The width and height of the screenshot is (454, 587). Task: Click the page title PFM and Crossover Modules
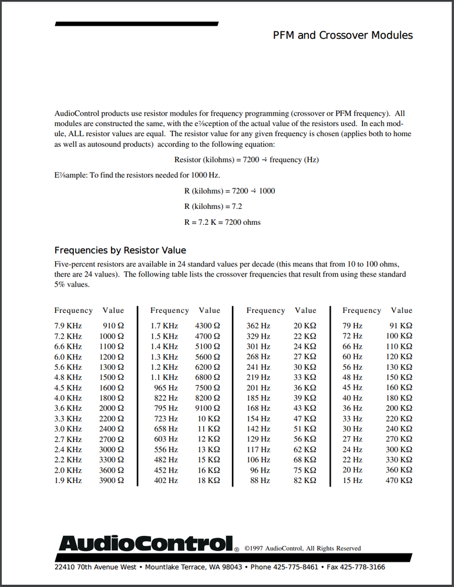click(x=342, y=35)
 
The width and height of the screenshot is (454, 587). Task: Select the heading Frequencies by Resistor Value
click(x=120, y=250)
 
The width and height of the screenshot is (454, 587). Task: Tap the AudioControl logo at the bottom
click(x=146, y=544)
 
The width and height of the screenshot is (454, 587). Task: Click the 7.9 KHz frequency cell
click(x=68, y=326)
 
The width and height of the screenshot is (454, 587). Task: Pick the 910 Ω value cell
click(x=113, y=326)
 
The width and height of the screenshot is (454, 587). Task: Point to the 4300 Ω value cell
click(x=207, y=326)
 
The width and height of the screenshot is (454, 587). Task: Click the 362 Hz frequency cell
click(x=258, y=326)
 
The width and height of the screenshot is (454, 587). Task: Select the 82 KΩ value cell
click(x=305, y=480)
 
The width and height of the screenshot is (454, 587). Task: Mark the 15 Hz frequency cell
click(x=352, y=480)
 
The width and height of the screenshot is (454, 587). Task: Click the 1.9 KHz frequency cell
click(x=68, y=480)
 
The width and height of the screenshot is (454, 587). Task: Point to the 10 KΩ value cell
click(x=210, y=419)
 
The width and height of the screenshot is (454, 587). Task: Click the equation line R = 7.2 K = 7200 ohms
click(x=223, y=222)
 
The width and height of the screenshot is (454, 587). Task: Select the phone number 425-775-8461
click(x=293, y=567)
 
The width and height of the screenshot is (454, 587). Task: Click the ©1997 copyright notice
click(x=302, y=548)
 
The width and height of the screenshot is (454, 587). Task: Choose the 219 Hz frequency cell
click(x=258, y=377)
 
